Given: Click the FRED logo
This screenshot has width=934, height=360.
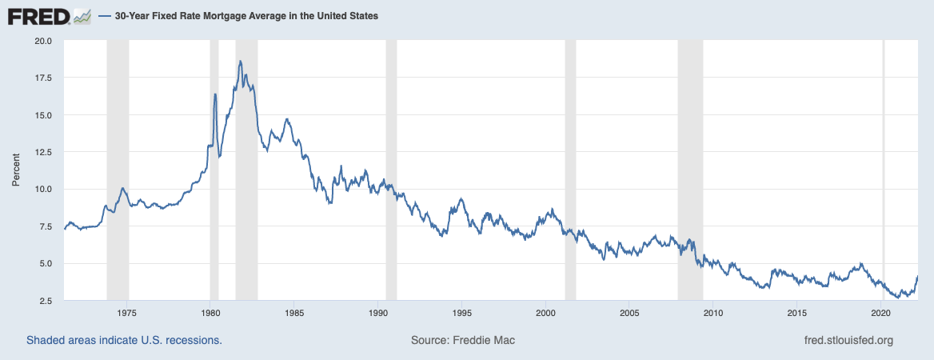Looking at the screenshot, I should tap(50, 15).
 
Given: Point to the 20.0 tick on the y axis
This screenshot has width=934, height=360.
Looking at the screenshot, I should tap(43, 41).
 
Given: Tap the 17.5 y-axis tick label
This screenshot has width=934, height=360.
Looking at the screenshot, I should tap(43, 78).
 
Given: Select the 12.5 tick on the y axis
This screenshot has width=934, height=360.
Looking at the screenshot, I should tap(43, 152).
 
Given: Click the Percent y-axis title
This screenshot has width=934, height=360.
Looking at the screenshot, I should tap(15, 170).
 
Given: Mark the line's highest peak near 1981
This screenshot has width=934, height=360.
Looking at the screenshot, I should tap(240, 61).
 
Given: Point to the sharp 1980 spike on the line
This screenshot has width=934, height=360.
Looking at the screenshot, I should tap(215, 94).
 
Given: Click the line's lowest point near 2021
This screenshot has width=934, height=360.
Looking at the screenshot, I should tap(898, 297).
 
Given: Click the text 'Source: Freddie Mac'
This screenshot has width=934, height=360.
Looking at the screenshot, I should tap(463, 340).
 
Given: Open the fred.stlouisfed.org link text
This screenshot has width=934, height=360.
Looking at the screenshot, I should tap(848, 340).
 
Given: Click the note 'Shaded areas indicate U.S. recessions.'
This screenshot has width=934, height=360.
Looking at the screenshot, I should tap(124, 340).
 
